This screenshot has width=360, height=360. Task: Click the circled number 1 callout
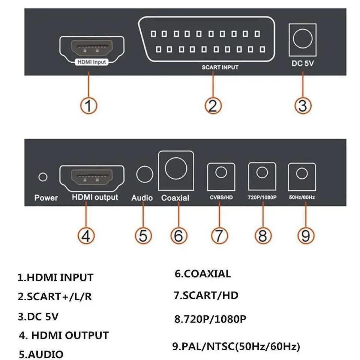coord(88,105)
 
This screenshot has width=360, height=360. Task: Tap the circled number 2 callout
coord(213,105)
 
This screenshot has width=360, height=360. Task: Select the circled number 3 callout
coord(303,105)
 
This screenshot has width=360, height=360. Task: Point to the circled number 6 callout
coord(178,235)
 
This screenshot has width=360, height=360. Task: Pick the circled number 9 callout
coord(305,235)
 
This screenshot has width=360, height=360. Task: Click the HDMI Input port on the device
coord(92,50)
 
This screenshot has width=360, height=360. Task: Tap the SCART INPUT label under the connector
coord(220,68)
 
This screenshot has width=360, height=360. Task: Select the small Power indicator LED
coord(43,177)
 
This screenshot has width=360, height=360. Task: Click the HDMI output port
coord(92,178)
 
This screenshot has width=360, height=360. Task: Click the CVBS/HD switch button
coord(221,173)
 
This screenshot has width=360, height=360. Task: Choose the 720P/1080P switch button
coord(262,173)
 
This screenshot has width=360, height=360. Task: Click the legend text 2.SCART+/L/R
coord(55,297)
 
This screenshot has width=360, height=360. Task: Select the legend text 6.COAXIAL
coord(202,274)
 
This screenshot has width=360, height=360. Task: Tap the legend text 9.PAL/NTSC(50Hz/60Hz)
coord(236,346)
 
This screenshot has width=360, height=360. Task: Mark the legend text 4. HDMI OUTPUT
coord(64,335)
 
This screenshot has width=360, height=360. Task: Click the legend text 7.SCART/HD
coord(206,295)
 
